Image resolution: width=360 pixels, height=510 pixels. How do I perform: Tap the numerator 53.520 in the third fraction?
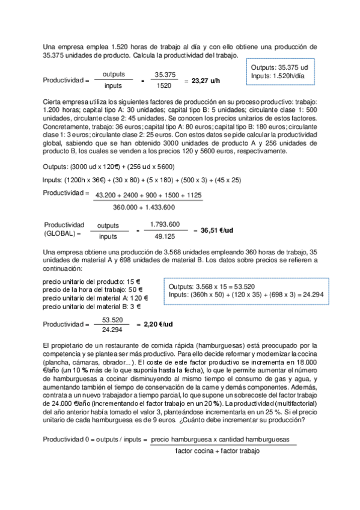(113, 319)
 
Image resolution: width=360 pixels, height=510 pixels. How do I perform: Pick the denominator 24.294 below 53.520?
(113, 330)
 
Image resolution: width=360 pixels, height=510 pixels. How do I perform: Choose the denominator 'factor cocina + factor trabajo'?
(218, 451)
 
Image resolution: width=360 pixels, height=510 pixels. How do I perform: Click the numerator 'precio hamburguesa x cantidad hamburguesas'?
(224, 440)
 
